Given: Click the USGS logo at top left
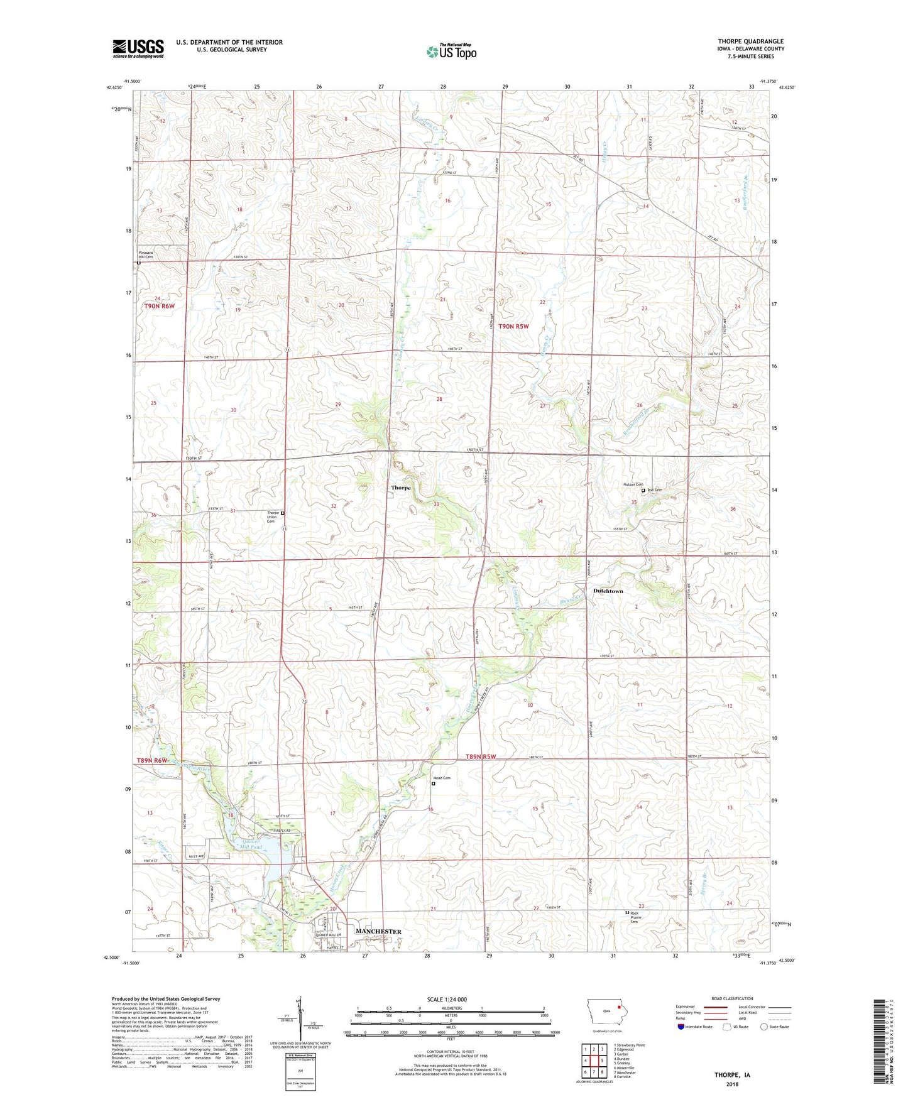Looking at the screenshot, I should [x=138, y=48].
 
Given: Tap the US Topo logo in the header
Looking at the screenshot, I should [x=451, y=51].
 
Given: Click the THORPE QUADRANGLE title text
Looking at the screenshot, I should [x=750, y=41].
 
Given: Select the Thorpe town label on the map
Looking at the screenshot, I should [x=401, y=488].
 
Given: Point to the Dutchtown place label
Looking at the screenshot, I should [x=608, y=591].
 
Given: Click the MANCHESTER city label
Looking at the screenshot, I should [x=378, y=931].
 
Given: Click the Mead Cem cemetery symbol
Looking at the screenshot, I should [x=433, y=783].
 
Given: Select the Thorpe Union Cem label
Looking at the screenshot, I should [x=273, y=516].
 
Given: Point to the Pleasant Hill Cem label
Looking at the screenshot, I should [x=146, y=255].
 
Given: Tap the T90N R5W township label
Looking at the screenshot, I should [x=513, y=326].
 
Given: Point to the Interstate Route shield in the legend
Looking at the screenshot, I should [x=681, y=1027].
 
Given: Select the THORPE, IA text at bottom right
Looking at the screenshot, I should [x=731, y=1075].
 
